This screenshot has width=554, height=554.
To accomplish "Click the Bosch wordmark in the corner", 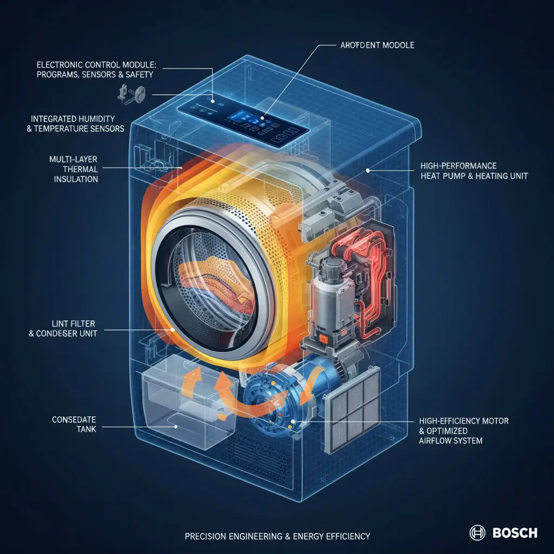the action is [515, 533].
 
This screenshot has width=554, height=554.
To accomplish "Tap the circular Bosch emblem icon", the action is [477, 533].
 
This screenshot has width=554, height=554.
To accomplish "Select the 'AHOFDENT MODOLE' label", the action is [377, 45].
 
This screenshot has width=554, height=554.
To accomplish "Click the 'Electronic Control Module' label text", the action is [96, 70].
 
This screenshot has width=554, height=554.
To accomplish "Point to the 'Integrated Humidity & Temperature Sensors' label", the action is [76, 124].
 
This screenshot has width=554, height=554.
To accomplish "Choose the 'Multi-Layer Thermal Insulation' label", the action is [74, 169].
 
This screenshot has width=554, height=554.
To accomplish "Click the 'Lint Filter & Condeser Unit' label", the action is [63, 328].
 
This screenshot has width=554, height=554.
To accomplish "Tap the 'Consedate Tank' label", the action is [74, 424].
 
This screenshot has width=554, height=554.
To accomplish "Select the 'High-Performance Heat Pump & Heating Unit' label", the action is [474, 171].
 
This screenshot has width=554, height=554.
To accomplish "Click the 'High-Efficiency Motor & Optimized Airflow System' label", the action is [464, 431].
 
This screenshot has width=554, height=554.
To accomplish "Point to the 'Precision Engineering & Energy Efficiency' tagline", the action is [278, 536].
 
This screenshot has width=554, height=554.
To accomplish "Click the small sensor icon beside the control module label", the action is [131, 94].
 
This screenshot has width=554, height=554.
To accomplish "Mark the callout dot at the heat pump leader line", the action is [368, 170].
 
